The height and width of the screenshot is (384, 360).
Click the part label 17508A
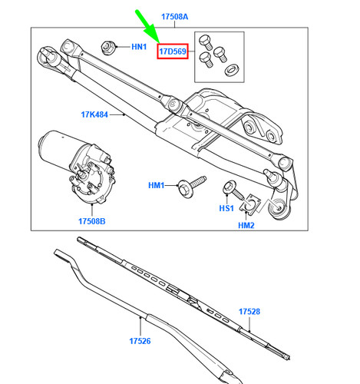click(x=174, y=17)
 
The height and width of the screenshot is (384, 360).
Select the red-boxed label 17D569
click(x=173, y=51)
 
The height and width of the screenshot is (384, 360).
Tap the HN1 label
click(x=139, y=47)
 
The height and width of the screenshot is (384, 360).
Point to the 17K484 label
click(x=94, y=114)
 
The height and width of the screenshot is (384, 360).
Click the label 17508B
click(x=91, y=221)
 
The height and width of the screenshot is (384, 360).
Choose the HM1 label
click(x=156, y=185)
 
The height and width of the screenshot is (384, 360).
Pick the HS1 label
click(x=226, y=208)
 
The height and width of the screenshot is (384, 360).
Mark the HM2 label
click(x=246, y=225)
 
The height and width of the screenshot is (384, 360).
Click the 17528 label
click(x=249, y=312)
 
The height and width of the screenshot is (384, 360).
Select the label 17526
click(x=140, y=341)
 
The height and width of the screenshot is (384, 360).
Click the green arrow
click(x=147, y=26)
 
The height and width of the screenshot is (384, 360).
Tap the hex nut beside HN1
click(x=107, y=48)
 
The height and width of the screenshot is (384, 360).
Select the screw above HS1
click(x=233, y=191)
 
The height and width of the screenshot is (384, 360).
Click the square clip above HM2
click(x=249, y=204)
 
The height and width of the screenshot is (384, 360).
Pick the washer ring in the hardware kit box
click(x=232, y=70)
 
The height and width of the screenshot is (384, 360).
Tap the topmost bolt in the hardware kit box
click(x=206, y=41)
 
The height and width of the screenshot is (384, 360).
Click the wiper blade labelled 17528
click(x=183, y=298)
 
